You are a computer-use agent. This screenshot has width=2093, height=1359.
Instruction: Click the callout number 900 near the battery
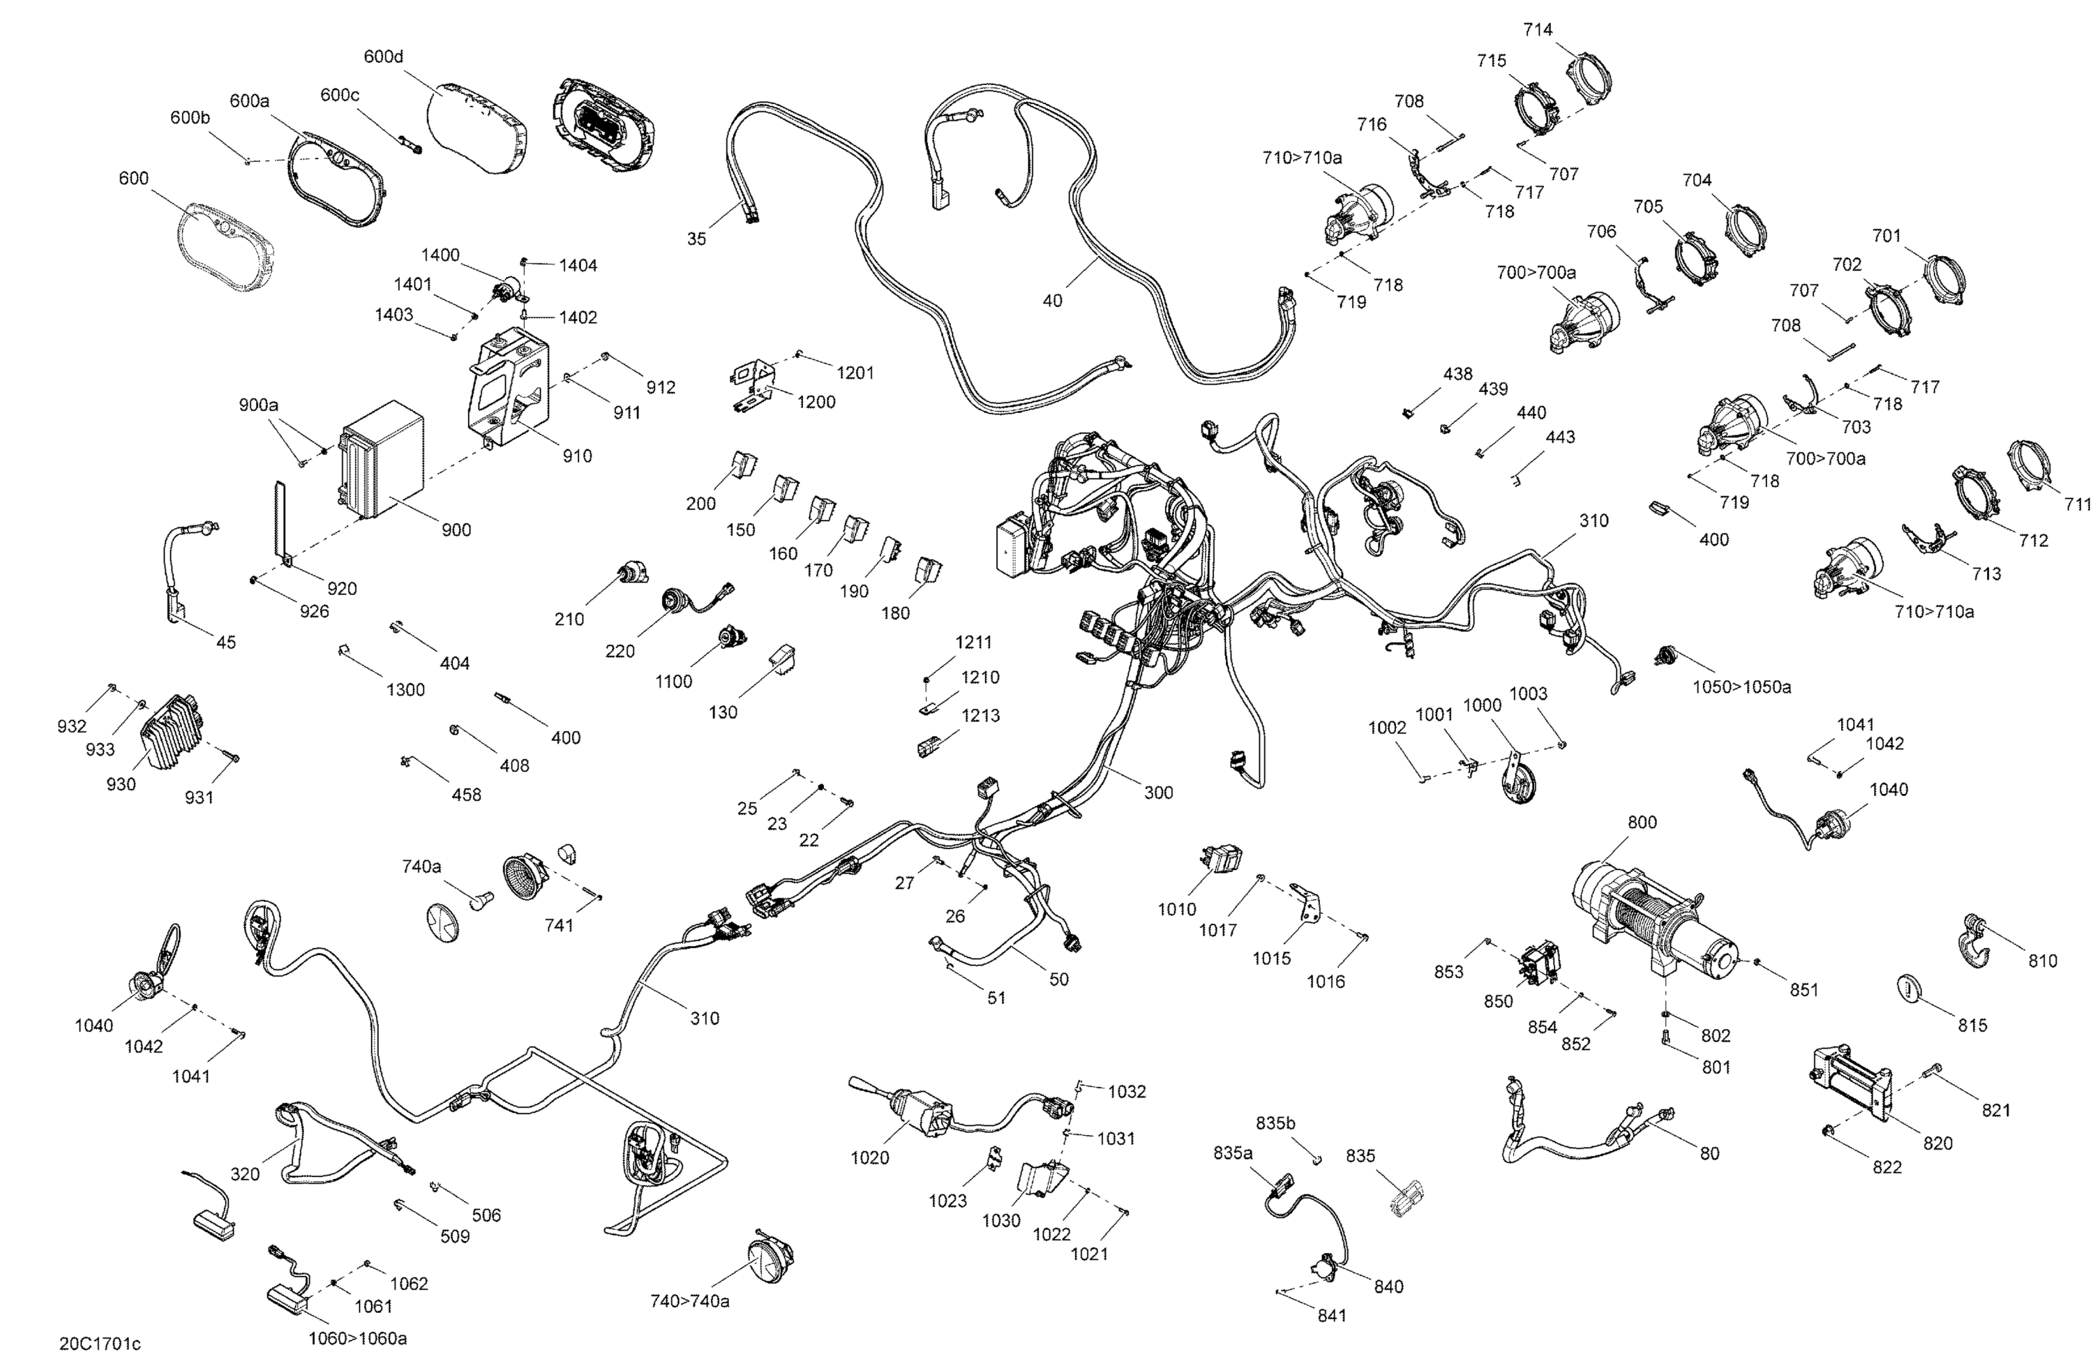point(456,530)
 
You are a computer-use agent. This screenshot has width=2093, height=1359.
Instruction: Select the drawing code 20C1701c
point(100,1343)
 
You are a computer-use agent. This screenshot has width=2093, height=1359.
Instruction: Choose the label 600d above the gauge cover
point(384,57)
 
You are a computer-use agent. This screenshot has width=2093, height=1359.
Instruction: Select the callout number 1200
point(816,402)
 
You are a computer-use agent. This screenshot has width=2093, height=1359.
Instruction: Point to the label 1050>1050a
point(1741,687)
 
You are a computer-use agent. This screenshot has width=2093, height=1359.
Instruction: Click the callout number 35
point(696,239)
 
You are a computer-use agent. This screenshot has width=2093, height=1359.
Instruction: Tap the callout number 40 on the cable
point(1052,301)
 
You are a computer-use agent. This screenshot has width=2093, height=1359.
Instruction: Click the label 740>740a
point(689,1301)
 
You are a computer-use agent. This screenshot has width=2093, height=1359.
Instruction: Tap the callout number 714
point(1538,30)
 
